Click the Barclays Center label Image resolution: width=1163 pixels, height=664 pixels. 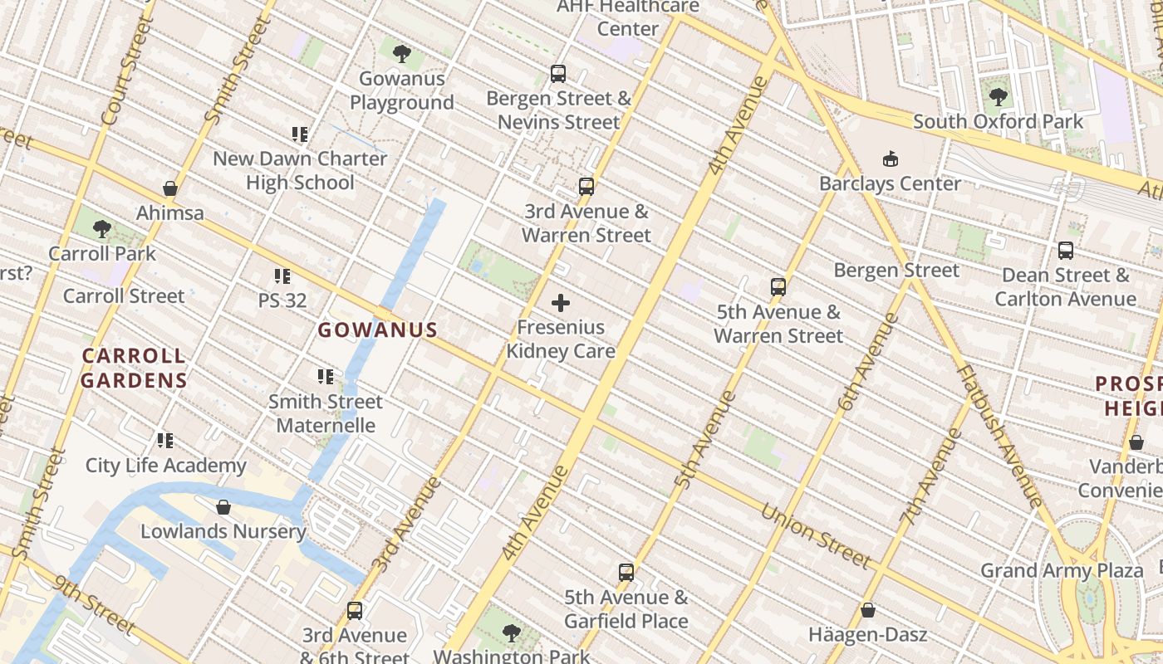tap(890, 183)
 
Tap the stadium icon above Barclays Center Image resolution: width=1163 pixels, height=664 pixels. tap(891, 159)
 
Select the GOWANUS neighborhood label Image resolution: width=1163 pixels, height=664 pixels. tap(378, 330)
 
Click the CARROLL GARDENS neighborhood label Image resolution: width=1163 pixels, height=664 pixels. tap(135, 369)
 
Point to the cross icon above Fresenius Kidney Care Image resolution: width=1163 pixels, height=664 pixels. tap(561, 303)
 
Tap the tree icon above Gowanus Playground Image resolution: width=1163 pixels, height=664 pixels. tap(402, 55)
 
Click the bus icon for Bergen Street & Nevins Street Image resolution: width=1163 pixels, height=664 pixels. tap(558, 74)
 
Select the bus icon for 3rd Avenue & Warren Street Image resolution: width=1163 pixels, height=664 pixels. tap(586, 187)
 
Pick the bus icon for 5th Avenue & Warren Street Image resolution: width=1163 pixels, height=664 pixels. tap(778, 287)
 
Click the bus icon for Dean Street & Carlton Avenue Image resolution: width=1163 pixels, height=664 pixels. tap(1065, 250)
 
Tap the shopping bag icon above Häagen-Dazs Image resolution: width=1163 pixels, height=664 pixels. tap(867, 611)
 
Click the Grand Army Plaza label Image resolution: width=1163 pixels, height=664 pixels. tap(1062, 570)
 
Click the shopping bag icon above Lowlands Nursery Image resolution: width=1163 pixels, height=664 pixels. tap(223, 507)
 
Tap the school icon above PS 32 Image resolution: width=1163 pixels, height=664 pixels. tap(282, 276)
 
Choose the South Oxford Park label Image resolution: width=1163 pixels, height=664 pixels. tap(998, 121)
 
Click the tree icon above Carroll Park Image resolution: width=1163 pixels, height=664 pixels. tap(102, 228)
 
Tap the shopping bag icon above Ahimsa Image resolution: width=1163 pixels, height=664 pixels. tap(170, 188)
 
